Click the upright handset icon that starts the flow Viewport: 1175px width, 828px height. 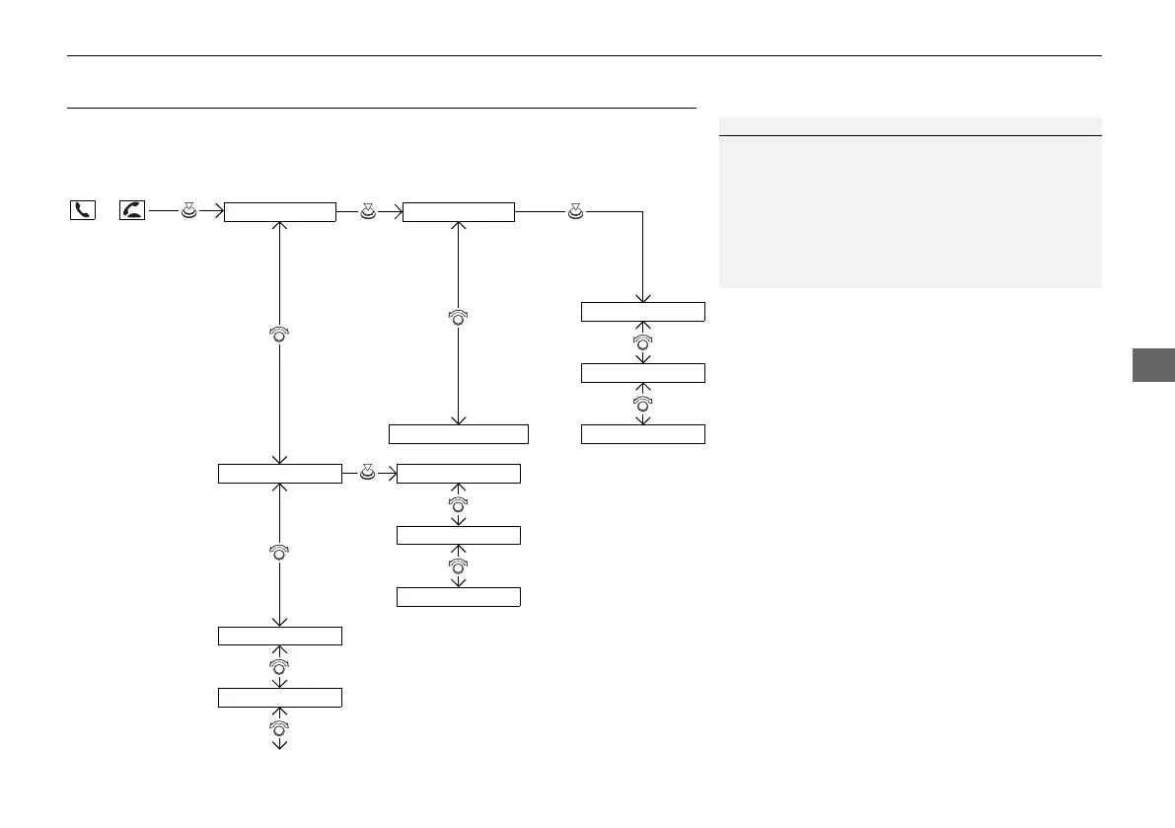[x=82, y=210]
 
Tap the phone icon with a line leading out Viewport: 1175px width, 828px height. [x=130, y=210]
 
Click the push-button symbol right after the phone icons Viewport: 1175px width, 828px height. [x=189, y=209]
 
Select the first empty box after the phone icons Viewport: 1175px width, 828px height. [x=280, y=211]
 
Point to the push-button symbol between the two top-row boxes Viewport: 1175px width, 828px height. [x=369, y=209]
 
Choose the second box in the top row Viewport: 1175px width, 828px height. [x=459, y=211]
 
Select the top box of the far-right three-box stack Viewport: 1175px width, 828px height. [x=643, y=312]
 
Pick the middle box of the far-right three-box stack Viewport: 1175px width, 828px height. [x=643, y=373]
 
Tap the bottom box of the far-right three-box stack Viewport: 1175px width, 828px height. [x=643, y=434]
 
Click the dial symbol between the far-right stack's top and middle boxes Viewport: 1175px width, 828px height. [x=643, y=342]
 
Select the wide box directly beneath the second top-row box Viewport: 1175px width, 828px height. [x=459, y=434]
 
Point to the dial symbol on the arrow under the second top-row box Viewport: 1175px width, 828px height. [x=459, y=318]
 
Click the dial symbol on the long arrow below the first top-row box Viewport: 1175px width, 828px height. [x=279, y=336]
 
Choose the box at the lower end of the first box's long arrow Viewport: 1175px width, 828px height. [x=279, y=474]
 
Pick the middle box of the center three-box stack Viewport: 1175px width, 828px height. [x=458, y=535]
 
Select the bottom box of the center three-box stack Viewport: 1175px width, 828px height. [x=458, y=596]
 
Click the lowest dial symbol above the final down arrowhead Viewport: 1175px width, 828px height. [x=279, y=728]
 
